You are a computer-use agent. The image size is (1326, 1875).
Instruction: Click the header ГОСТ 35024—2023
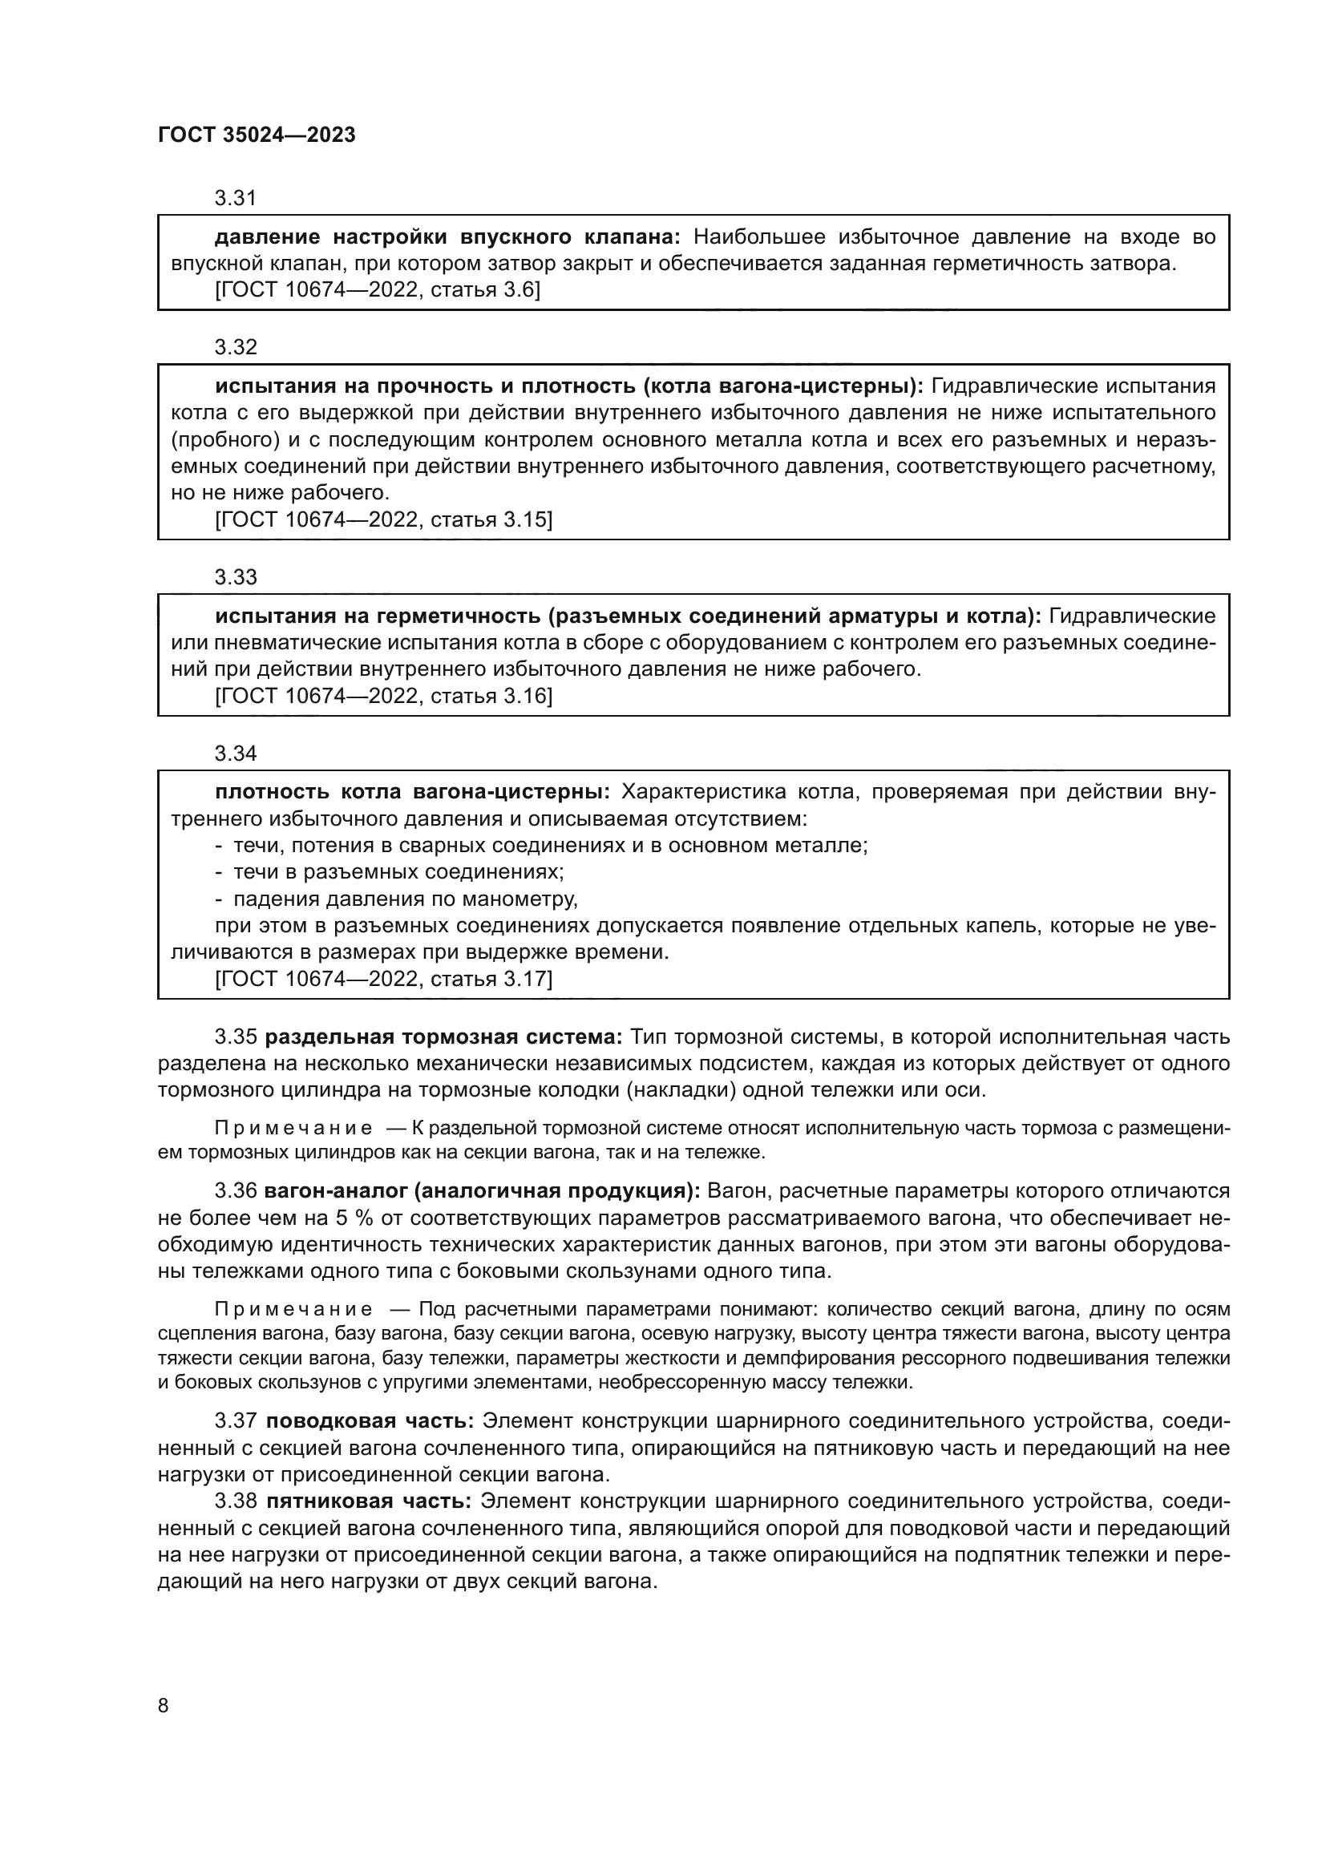(x=257, y=135)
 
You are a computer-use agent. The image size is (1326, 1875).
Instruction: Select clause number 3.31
(x=235, y=198)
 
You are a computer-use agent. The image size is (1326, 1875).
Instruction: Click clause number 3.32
(x=235, y=347)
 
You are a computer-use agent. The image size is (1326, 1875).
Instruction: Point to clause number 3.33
(x=235, y=577)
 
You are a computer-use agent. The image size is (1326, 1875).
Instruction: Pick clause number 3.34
(x=235, y=754)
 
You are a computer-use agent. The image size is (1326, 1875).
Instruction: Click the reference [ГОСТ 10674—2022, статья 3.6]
(x=378, y=290)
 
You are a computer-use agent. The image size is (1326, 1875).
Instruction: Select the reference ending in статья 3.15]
(x=383, y=520)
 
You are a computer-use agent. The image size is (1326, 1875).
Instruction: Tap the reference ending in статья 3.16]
(x=383, y=697)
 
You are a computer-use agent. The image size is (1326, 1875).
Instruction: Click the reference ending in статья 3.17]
(x=383, y=979)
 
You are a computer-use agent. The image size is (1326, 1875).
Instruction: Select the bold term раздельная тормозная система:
(x=444, y=1037)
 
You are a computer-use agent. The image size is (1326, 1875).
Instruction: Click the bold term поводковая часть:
(x=370, y=1421)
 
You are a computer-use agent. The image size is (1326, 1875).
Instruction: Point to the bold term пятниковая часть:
(x=369, y=1501)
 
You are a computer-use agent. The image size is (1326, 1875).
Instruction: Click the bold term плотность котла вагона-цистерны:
(x=411, y=792)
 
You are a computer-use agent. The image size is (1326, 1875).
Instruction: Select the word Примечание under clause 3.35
(x=293, y=1129)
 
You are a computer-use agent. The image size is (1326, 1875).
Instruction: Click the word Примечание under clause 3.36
(x=293, y=1310)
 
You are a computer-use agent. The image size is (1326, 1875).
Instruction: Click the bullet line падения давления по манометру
(x=405, y=899)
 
